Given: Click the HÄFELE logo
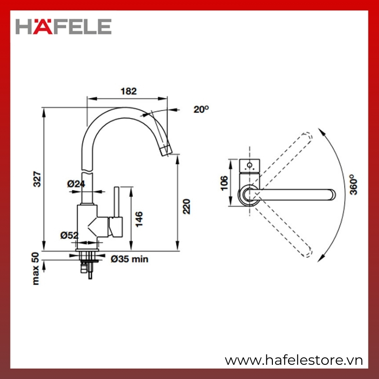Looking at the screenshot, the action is [x=63, y=26].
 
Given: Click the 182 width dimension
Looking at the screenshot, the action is [x=128, y=91].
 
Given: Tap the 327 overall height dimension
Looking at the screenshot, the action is [x=37, y=179].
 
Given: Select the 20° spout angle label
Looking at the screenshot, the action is [x=201, y=109].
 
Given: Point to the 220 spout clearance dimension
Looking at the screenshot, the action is [x=186, y=206].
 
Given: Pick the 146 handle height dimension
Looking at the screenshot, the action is [x=139, y=219].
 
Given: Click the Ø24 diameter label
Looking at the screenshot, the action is [x=76, y=184].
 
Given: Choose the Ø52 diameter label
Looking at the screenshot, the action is [x=70, y=235].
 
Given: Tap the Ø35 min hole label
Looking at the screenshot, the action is [x=129, y=259].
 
